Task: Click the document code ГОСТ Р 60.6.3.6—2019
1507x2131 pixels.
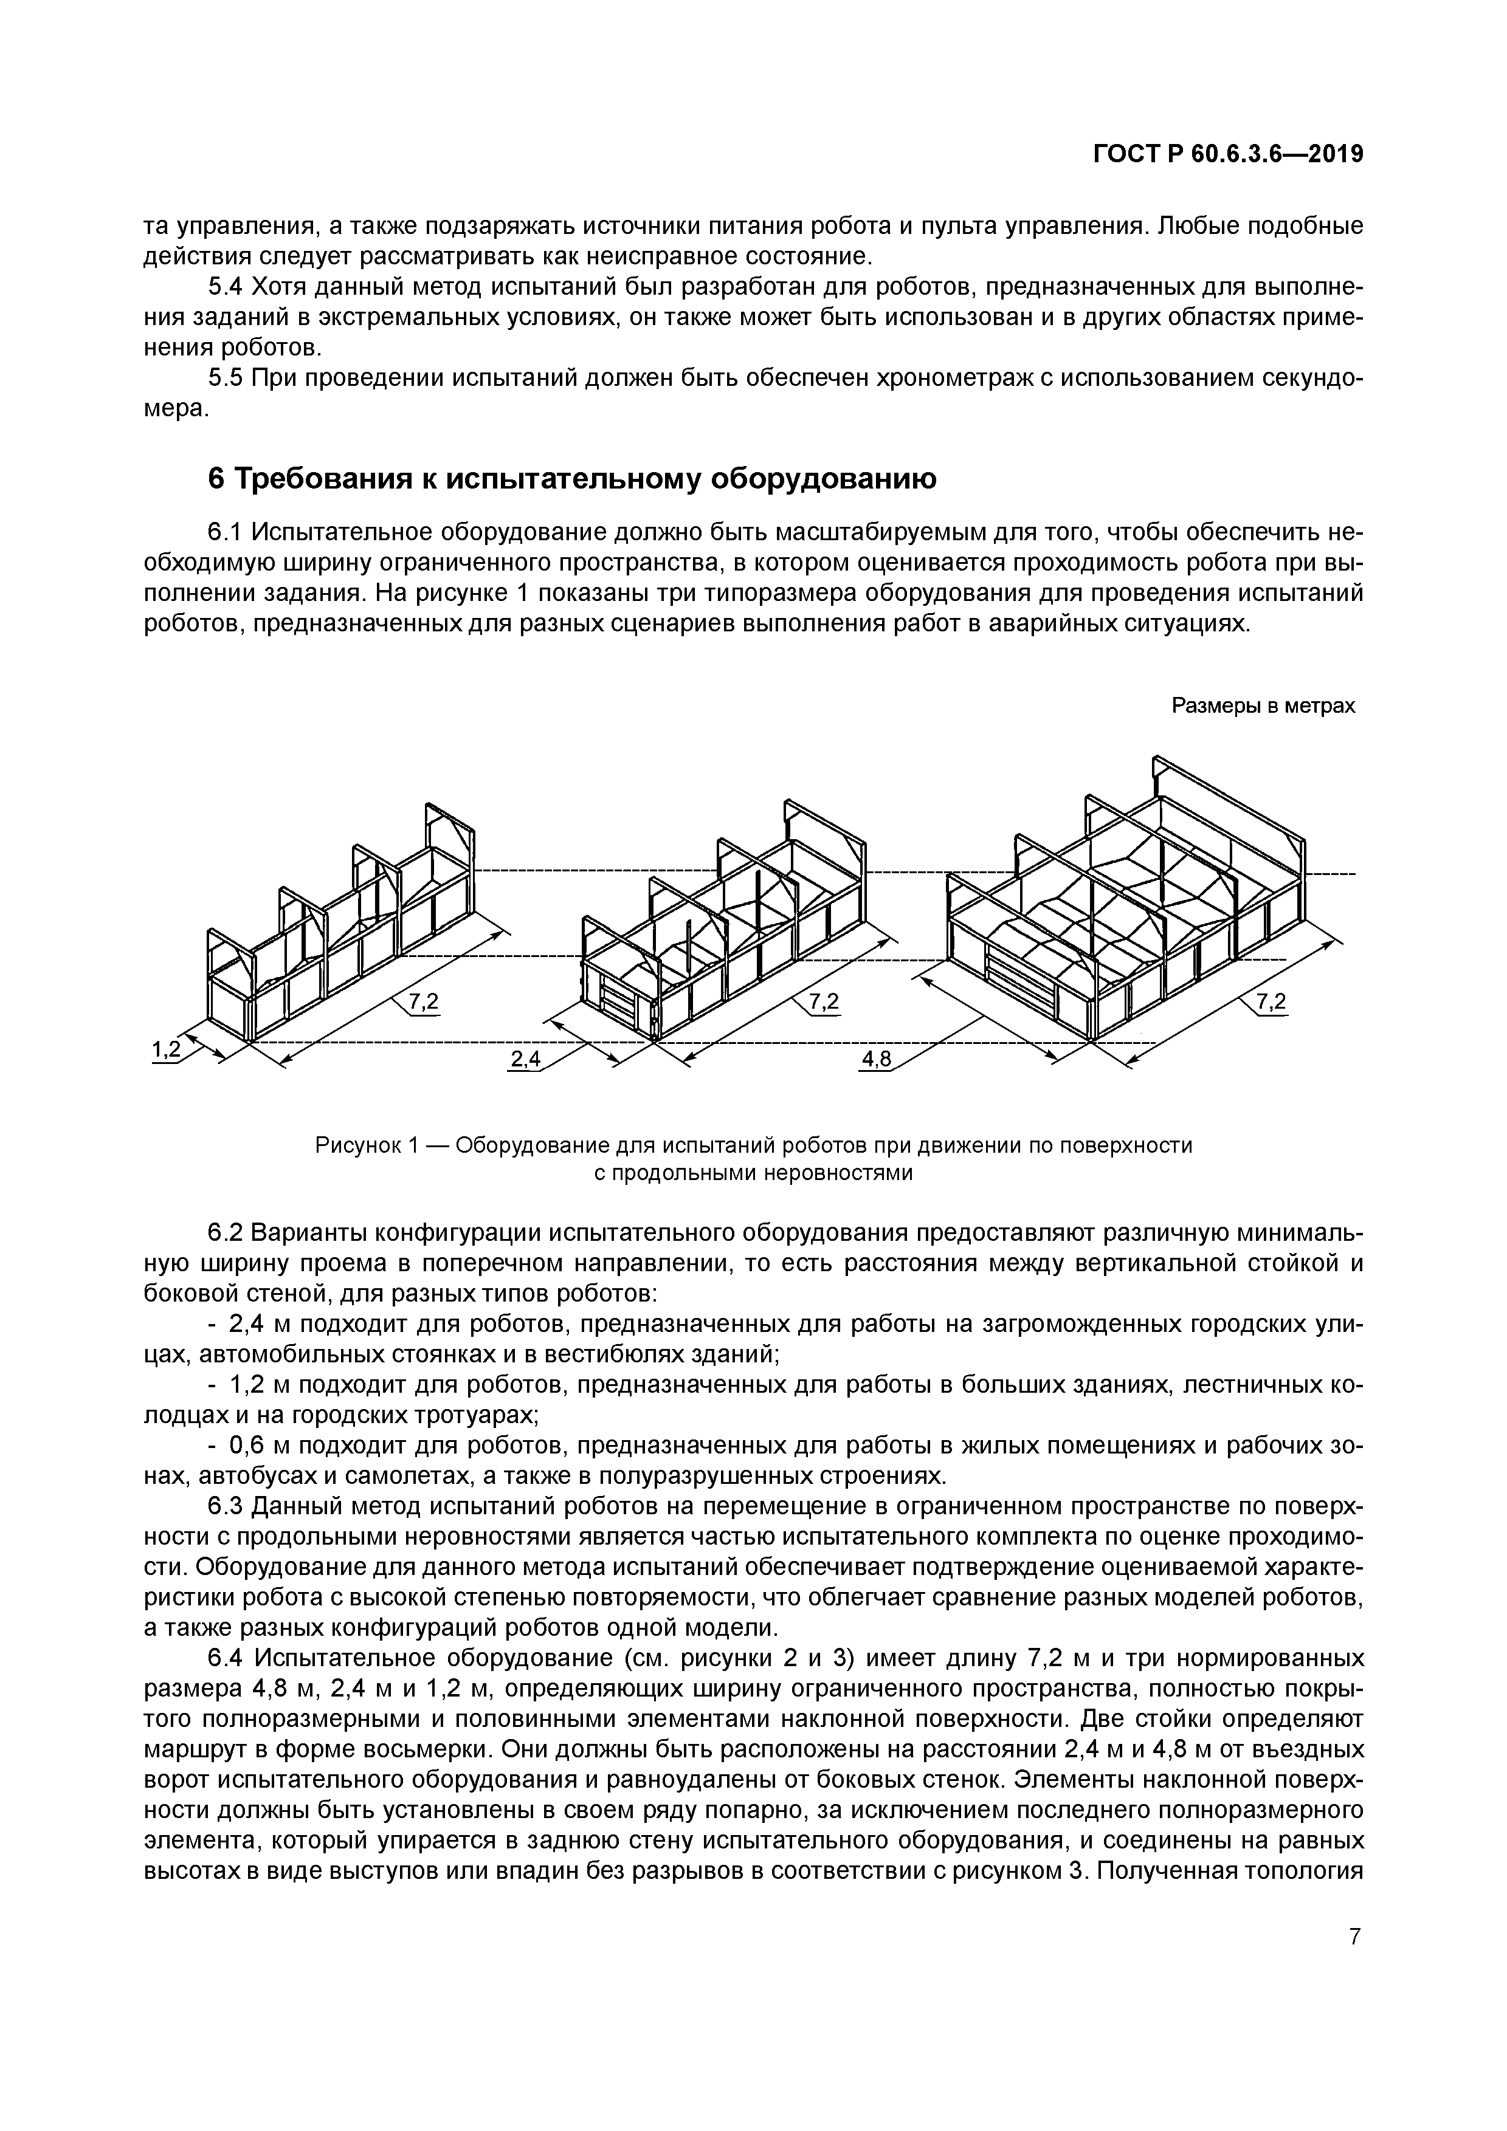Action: (1227, 155)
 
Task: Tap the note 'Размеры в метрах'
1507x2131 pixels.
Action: (1263, 706)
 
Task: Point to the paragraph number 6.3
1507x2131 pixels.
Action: (225, 1506)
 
